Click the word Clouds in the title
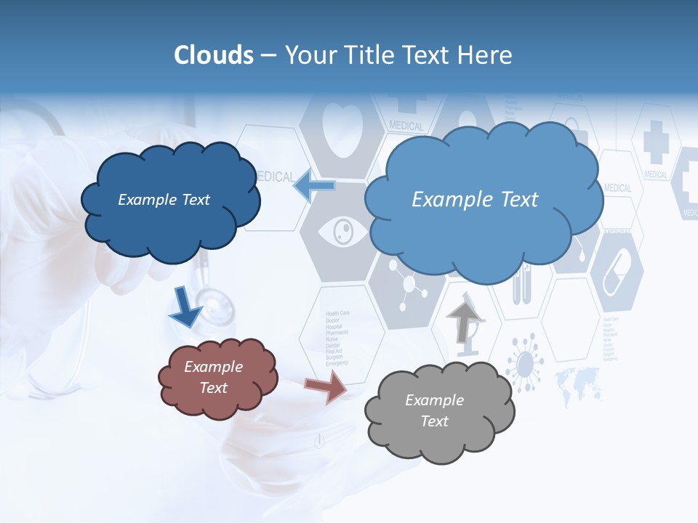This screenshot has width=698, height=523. pos(214,55)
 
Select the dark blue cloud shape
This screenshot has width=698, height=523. pos(169,200)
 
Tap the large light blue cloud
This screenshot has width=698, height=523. pos(480,199)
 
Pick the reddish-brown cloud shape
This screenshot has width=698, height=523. pos(217,377)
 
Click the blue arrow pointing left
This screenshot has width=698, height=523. pos(313,185)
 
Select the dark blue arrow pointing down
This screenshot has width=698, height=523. pos(185,307)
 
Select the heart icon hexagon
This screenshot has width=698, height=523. pos(342,131)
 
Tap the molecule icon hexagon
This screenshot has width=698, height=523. pos(407,284)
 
